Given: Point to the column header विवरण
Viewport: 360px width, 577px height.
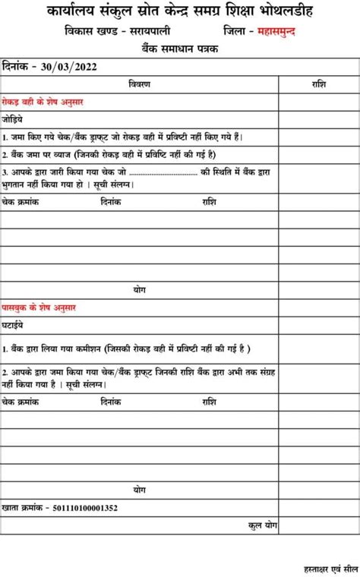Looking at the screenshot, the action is pos(139,83).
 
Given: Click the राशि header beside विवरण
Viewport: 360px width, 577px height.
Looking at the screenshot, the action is pos(318,83).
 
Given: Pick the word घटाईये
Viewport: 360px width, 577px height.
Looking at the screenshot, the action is pos(12,325).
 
